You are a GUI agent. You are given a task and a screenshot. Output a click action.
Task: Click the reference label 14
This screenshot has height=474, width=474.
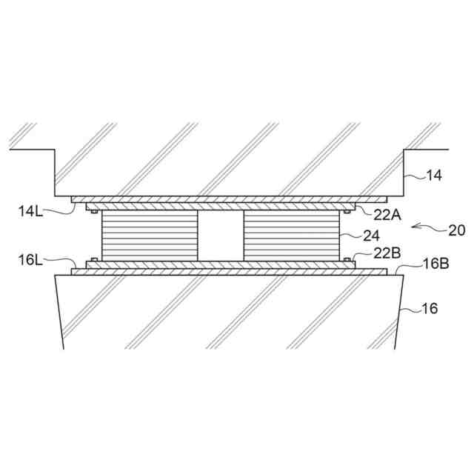coord(434,176)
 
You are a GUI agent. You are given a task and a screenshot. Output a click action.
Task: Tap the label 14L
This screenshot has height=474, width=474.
coord(30,211)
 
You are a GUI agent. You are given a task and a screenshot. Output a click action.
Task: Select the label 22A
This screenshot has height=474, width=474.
coord(387,215)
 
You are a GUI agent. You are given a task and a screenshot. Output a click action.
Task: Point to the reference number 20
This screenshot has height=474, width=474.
coord(457,230)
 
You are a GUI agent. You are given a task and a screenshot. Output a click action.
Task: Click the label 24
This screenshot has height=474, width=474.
coord(371,236)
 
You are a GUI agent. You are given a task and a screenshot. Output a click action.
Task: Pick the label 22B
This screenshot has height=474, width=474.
coord(387,253)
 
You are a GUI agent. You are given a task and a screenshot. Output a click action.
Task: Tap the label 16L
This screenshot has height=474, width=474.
coord(30,260)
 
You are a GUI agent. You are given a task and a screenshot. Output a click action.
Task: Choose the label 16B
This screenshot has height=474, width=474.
coord(435,264)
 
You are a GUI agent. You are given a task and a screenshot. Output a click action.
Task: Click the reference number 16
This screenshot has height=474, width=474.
coord(430,309)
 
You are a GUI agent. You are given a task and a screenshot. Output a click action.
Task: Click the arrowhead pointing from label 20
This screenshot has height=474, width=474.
coord(415,226)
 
